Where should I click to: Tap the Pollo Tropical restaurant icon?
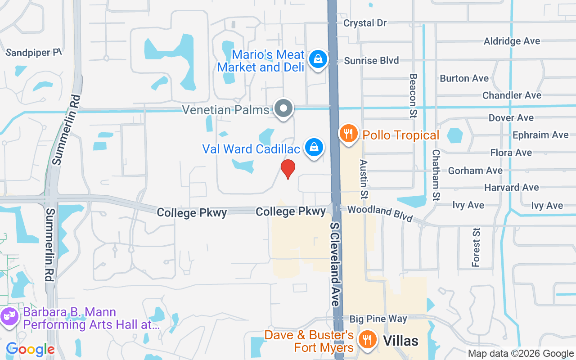pos(348,134)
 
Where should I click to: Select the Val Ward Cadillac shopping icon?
pos(314,148)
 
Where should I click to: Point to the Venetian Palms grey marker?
pos(284,109)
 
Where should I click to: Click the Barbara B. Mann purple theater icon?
pos(9,316)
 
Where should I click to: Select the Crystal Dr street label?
pos(365,22)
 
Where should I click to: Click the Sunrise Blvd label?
pos(371,60)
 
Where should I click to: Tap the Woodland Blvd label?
pos(380,213)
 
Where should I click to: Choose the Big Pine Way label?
pos(378,319)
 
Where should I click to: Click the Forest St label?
pos(476,247)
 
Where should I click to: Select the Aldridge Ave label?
pos(512,41)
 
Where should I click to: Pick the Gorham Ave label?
pos(475,171)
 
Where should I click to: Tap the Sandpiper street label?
pos(33,52)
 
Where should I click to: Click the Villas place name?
pos(400,341)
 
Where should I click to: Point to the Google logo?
pos(30,349)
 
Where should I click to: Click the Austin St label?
pos(364,179)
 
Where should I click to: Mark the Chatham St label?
pos(435,175)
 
